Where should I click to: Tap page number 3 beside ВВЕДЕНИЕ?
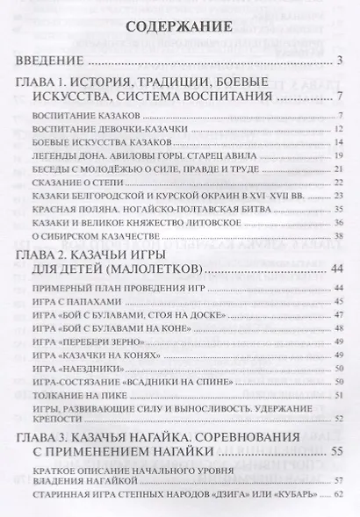(338, 61)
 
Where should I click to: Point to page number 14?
(336, 142)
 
